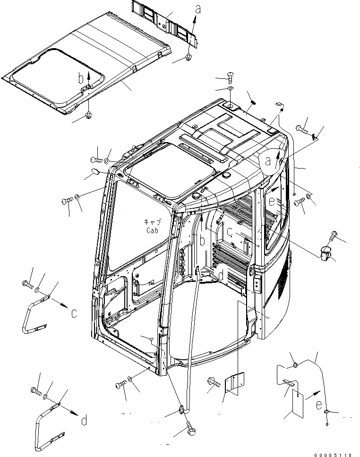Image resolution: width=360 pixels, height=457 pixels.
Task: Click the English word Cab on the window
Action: click(152, 230)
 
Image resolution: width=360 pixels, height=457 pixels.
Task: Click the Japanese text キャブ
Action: click(152, 222)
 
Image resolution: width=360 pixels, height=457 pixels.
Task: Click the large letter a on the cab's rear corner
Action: click(268, 161)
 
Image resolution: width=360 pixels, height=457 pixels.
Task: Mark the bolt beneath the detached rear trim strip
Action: click(188, 58)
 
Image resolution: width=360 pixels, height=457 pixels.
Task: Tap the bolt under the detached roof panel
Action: click(89, 115)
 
